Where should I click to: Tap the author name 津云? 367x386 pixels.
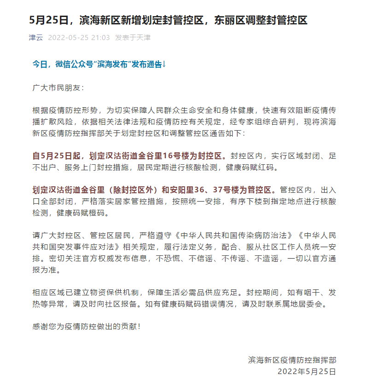pyautogui.click(x=35, y=37)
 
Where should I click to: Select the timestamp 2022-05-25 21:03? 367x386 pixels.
pyautogui.click(x=79, y=37)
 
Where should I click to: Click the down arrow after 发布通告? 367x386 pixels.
pyautogui.click(x=163, y=64)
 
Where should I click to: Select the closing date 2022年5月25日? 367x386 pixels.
pyautogui.click(x=307, y=371)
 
